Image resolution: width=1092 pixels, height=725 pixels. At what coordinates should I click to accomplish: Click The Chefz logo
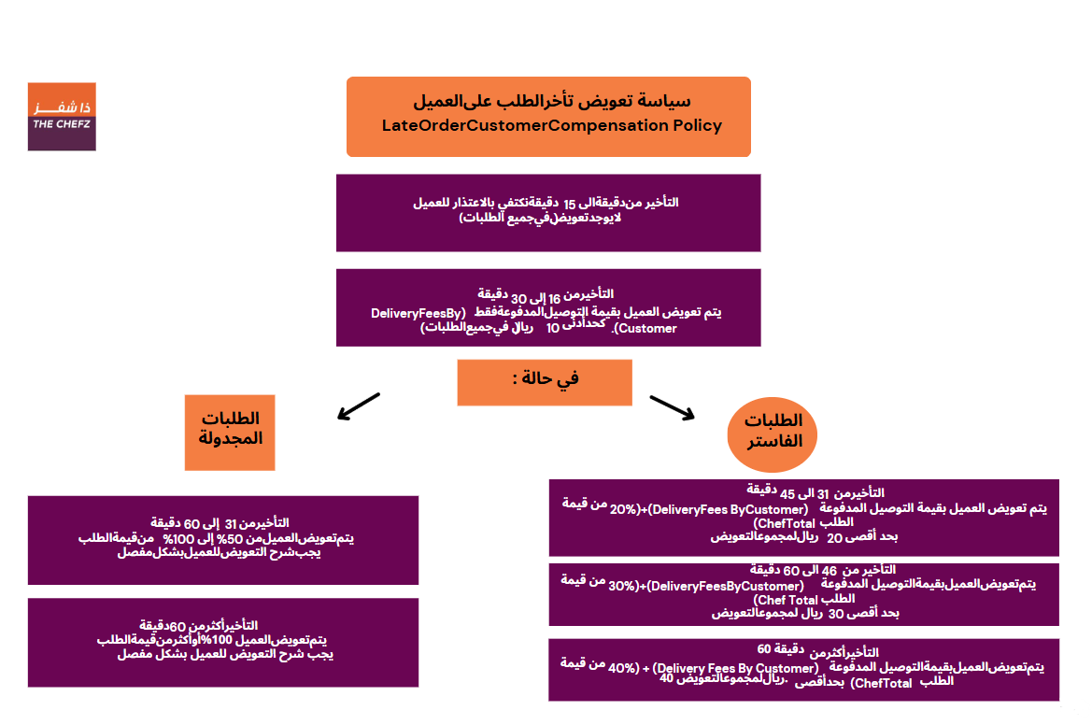[x=62, y=117]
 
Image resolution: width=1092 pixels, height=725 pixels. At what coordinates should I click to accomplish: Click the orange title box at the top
[x=548, y=117]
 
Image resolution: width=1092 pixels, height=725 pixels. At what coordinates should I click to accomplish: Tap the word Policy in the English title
[x=697, y=125]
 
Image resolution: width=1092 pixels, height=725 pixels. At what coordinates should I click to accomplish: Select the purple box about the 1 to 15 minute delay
[x=548, y=212]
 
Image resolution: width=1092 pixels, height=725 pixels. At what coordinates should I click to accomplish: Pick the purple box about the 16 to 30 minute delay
[x=548, y=307]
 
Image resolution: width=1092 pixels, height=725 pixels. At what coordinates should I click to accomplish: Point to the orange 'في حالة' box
[x=544, y=381]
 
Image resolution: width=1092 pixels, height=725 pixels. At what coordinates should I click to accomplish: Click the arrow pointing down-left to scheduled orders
[x=359, y=405]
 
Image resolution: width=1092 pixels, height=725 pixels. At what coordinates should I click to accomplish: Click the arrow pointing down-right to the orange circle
[x=672, y=408]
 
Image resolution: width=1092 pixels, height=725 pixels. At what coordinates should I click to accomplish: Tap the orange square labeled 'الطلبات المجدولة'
[x=230, y=432]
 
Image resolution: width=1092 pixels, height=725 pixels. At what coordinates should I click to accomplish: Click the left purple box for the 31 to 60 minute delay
[x=223, y=539]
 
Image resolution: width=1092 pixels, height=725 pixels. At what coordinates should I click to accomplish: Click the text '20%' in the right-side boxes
[x=623, y=509]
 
